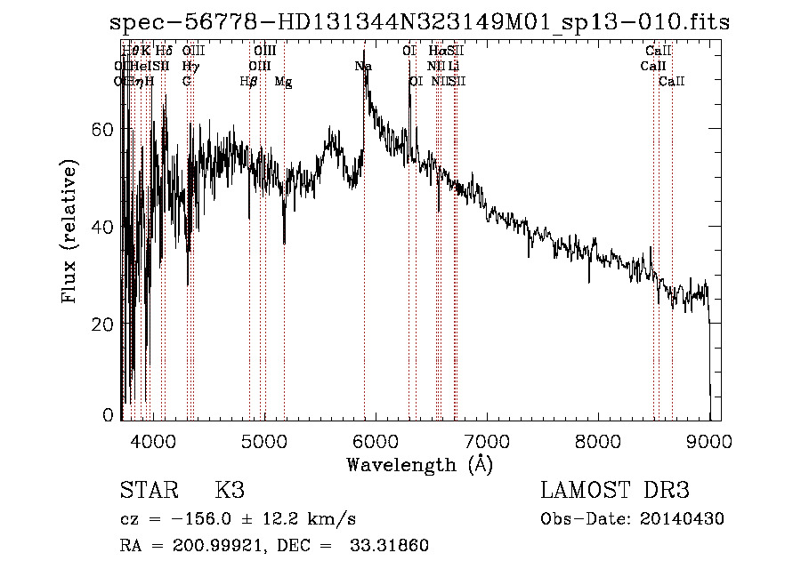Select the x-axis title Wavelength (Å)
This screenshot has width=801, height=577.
tap(419, 464)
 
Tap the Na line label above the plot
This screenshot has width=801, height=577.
tap(363, 67)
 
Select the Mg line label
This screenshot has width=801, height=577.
tap(283, 82)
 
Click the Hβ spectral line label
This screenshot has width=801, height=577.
tap(249, 82)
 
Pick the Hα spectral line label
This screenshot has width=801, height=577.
tap(435, 52)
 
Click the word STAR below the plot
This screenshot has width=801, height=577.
tap(148, 491)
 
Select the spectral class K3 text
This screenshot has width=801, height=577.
tap(229, 491)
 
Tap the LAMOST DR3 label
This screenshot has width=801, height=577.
tap(615, 491)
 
